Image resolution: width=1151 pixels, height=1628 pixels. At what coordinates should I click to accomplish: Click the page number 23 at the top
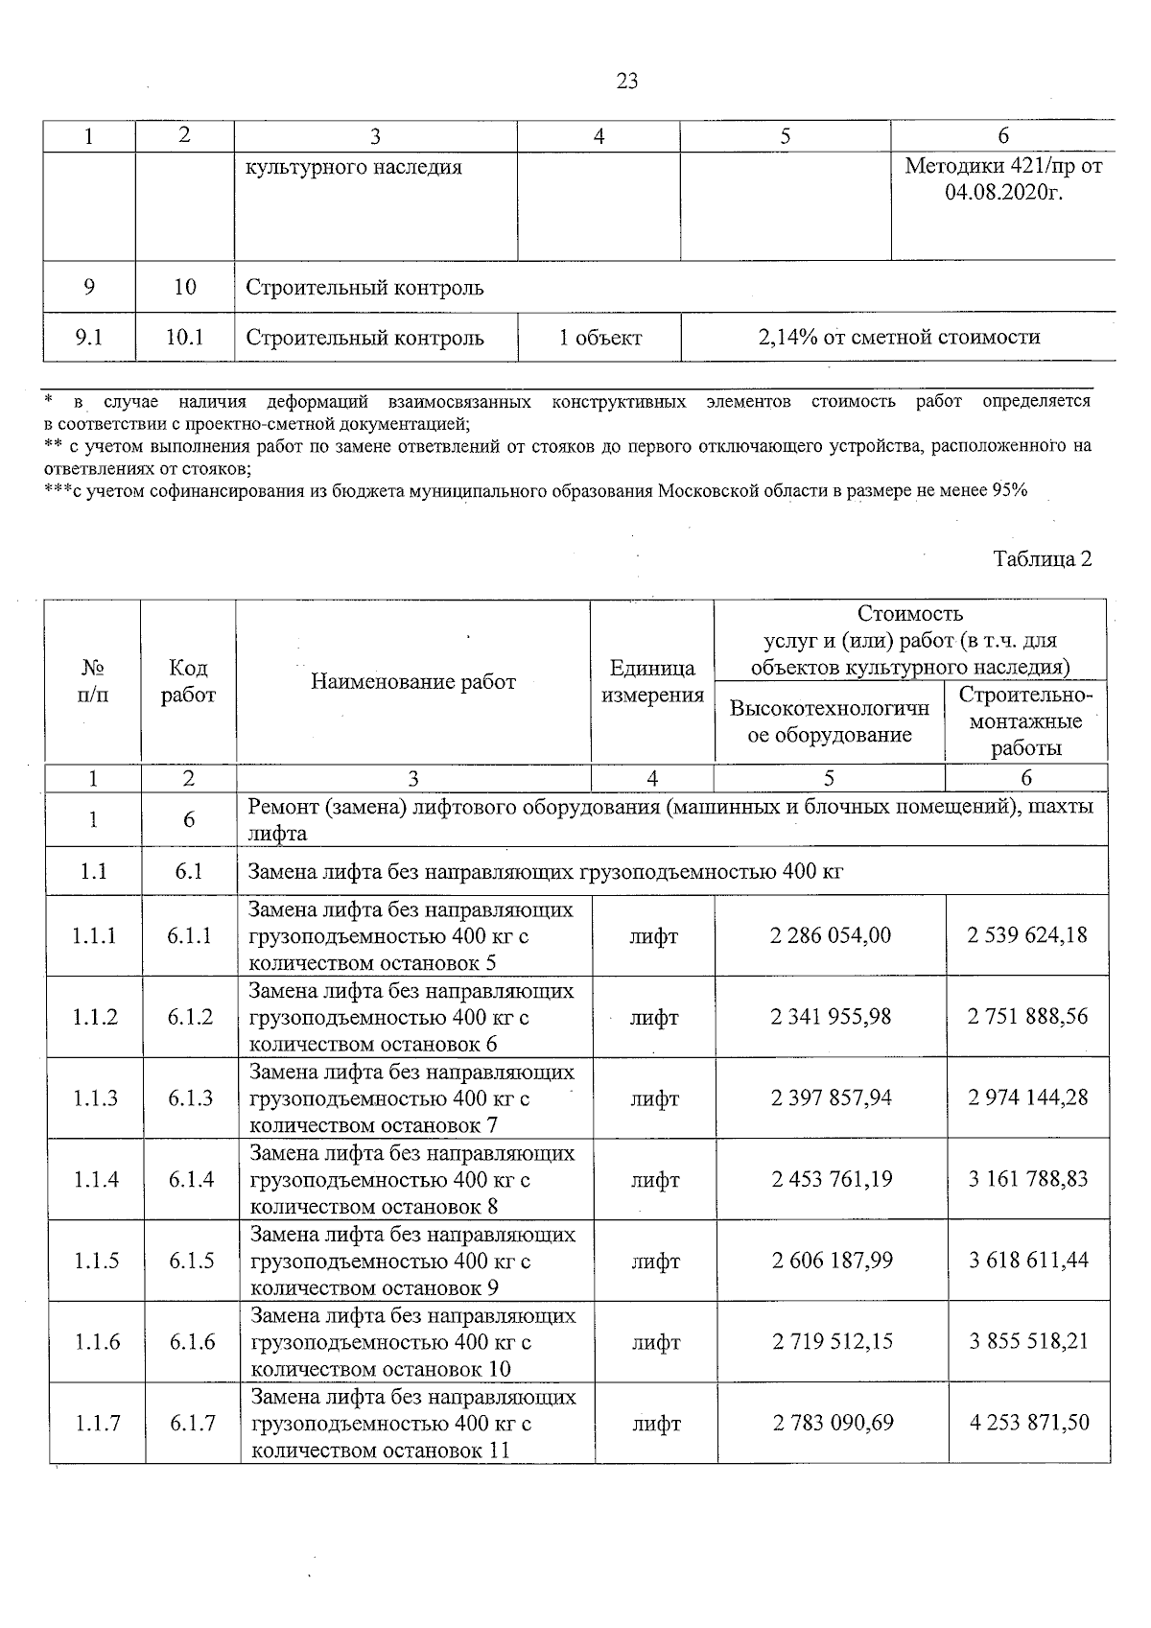(x=626, y=82)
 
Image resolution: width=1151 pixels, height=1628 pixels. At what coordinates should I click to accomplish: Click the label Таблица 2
(x=1042, y=558)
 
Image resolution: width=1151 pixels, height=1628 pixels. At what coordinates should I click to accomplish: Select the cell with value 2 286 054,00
(x=831, y=935)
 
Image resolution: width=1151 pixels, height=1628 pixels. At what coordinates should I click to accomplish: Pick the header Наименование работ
(x=413, y=682)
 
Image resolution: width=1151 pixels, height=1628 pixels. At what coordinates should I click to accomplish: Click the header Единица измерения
(x=652, y=682)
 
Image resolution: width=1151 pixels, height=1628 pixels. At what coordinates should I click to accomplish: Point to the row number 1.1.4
(x=96, y=1179)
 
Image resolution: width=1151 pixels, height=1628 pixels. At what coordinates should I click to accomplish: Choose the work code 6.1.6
(x=192, y=1341)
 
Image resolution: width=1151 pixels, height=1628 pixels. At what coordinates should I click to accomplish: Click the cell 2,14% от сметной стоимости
(x=898, y=338)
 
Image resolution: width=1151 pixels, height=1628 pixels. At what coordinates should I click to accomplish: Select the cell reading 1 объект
(x=599, y=338)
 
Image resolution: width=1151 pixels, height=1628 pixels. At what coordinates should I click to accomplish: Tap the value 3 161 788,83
(x=1028, y=1179)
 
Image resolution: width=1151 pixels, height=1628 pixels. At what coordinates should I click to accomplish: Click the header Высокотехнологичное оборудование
(x=830, y=721)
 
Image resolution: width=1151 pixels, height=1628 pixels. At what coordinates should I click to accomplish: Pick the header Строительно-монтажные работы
(x=1025, y=721)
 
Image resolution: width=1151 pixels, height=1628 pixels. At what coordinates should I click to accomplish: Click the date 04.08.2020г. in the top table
(x=1003, y=194)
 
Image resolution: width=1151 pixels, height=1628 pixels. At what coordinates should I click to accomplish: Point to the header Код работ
(x=188, y=682)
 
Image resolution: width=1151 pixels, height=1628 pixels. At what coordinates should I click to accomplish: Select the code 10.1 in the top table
(x=185, y=338)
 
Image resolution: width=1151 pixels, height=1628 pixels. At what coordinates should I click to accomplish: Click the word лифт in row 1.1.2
(x=654, y=1017)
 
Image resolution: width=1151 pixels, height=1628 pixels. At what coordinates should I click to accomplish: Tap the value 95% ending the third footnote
(x=1009, y=491)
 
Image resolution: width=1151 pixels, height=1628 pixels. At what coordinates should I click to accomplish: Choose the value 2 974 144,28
(x=1028, y=1097)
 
